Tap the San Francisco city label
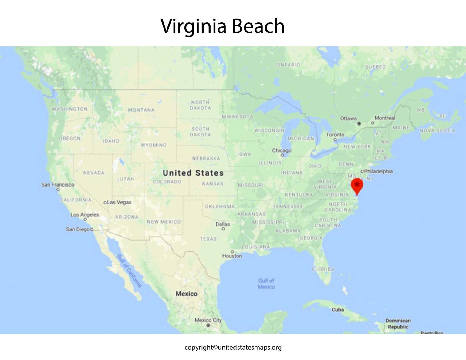click(58, 184)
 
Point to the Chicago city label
click(282, 150)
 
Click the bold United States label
click(193, 173)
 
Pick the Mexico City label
click(208, 320)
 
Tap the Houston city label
click(232, 256)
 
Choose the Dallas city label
click(223, 224)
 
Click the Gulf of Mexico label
click(266, 284)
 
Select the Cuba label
click(337, 310)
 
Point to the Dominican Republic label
click(398, 324)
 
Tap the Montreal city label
click(385, 118)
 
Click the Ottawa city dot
click(359, 123)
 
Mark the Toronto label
click(335, 134)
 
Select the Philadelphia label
click(378, 171)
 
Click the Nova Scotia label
click(437, 130)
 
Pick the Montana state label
click(141, 110)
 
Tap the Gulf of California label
click(130, 271)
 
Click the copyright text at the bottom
click(233, 347)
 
